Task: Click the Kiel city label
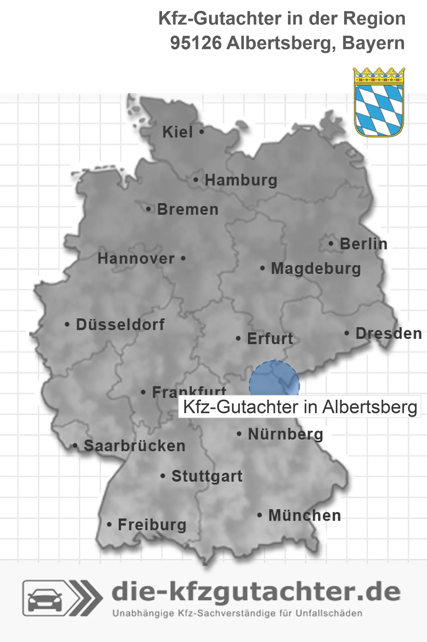[x=178, y=132]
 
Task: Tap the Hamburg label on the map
[x=241, y=180]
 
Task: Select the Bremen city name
[x=188, y=210]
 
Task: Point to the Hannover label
[x=136, y=259]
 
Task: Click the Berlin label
[x=364, y=244]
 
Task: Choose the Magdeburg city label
[x=316, y=269]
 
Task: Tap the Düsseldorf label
[x=120, y=325]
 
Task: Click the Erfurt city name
[x=270, y=339]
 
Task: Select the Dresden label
[x=389, y=334]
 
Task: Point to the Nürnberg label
[x=285, y=434]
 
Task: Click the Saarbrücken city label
[x=135, y=446]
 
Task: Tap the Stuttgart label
[x=207, y=476]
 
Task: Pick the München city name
[x=304, y=516]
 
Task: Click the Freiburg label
[x=152, y=525]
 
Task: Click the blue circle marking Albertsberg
[x=274, y=379]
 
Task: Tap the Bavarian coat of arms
[x=379, y=102]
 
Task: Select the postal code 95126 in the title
[x=196, y=43]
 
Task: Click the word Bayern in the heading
[x=373, y=43]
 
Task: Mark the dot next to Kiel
[x=202, y=132]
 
